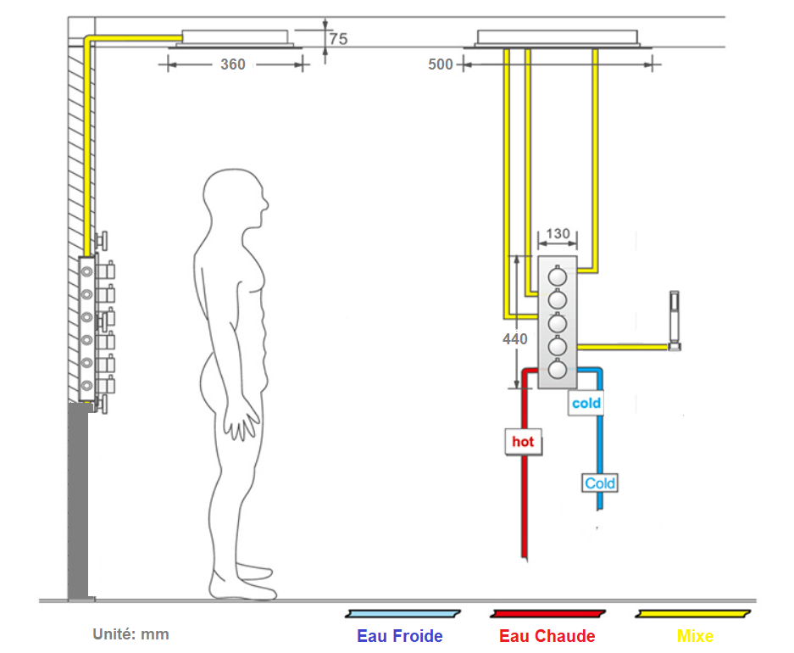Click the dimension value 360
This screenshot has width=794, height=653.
pyautogui.click(x=233, y=64)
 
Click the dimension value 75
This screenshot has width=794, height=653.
pyautogui.click(x=338, y=39)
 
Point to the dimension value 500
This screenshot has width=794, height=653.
pyautogui.click(x=441, y=64)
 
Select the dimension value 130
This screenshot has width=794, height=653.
pyautogui.click(x=558, y=234)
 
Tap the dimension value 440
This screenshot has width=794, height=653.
pyautogui.click(x=514, y=339)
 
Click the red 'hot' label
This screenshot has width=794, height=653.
pyautogui.click(x=523, y=442)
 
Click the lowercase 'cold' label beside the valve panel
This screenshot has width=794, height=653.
pyautogui.click(x=586, y=403)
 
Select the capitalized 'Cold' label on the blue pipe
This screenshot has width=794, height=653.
pyautogui.click(x=600, y=483)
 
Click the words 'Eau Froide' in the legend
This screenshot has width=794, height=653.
pyautogui.click(x=399, y=636)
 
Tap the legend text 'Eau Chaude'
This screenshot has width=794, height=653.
pyautogui.click(x=547, y=636)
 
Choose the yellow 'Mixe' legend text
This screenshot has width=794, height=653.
pyautogui.click(x=695, y=636)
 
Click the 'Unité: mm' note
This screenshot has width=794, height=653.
pyautogui.click(x=130, y=634)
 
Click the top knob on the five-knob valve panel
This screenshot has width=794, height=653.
pyautogui.click(x=558, y=276)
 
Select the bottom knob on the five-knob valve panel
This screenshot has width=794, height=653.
pyautogui.click(x=558, y=369)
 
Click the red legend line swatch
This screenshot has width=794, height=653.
pyautogui.click(x=547, y=613)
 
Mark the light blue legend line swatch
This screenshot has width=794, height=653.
pyautogui.click(x=401, y=613)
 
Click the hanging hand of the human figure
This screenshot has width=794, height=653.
pyautogui.click(x=247, y=421)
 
